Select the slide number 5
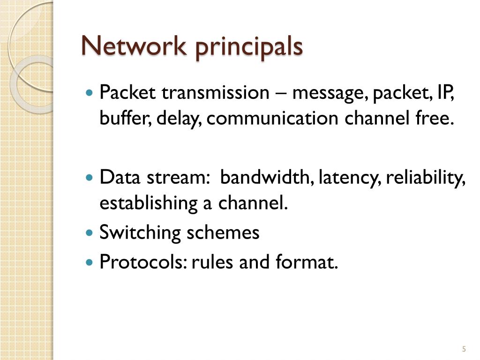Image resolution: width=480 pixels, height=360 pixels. pos(464,349)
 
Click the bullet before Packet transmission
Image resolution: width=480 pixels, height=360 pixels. pos(90,92)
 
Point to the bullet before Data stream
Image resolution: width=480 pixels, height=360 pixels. pos(90,178)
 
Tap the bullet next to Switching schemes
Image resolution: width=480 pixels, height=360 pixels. pos(90,232)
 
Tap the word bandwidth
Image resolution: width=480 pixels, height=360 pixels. pos(267,178)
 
